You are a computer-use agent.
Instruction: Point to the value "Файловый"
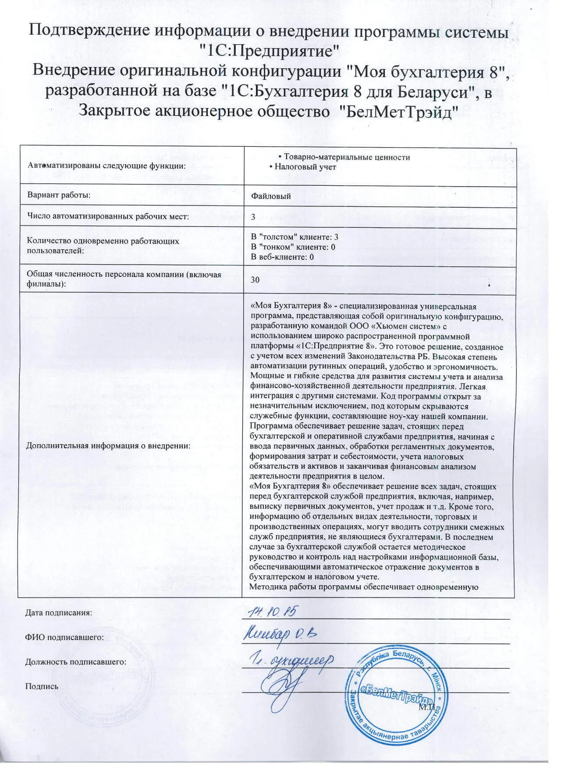click(x=270, y=196)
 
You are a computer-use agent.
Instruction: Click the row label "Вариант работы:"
click(x=59, y=195)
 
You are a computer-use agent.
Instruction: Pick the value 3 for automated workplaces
click(x=253, y=217)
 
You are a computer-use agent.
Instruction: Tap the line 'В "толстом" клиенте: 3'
click(x=294, y=237)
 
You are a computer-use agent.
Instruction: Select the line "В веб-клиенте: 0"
click(x=282, y=257)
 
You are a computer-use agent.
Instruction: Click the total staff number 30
click(x=255, y=279)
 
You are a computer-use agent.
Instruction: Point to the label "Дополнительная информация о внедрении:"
click(x=108, y=446)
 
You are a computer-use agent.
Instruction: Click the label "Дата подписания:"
click(x=59, y=612)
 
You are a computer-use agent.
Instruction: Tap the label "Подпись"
click(x=42, y=686)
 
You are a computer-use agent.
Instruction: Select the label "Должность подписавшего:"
click(x=76, y=661)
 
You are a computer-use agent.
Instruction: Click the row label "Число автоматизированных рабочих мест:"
click(x=108, y=216)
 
